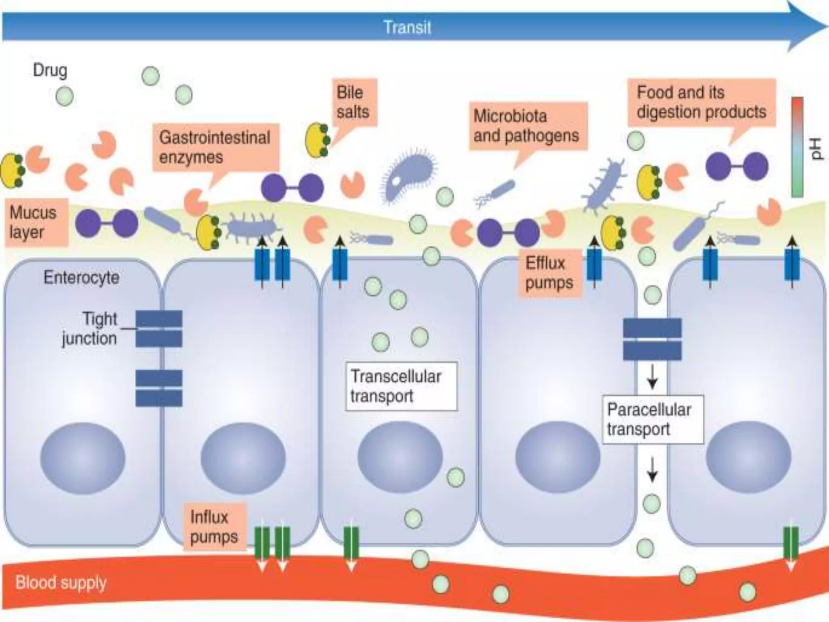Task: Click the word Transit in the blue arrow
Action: (x=407, y=28)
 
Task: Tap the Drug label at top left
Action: (x=50, y=70)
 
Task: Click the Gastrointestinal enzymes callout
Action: (x=215, y=147)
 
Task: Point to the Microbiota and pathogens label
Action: (x=527, y=126)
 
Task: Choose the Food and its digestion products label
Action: (x=701, y=102)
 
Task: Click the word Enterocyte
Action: (x=81, y=278)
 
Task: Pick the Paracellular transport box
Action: (x=652, y=419)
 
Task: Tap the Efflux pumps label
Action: (x=549, y=273)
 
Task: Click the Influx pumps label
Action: (x=214, y=527)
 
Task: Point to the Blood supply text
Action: (x=61, y=583)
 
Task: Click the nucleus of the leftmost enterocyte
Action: (x=83, y=458)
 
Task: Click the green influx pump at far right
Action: (x=791, y=543)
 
